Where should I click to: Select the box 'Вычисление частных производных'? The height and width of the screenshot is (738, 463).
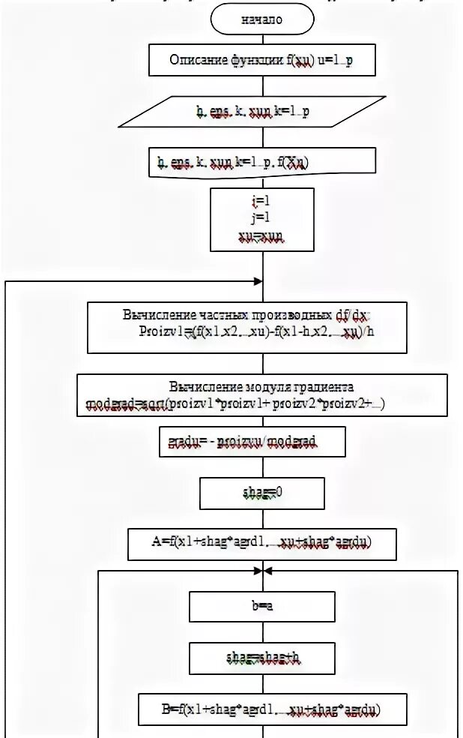pyautogui.click(x=247, y=327)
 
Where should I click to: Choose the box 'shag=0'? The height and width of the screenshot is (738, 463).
pyautogui.click(x=262, y=493)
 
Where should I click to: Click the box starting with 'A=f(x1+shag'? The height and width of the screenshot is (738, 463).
pyautogui.click(x=262, y=541)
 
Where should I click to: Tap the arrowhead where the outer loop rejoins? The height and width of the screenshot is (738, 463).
pyautogui.click(x=258, y=282)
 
